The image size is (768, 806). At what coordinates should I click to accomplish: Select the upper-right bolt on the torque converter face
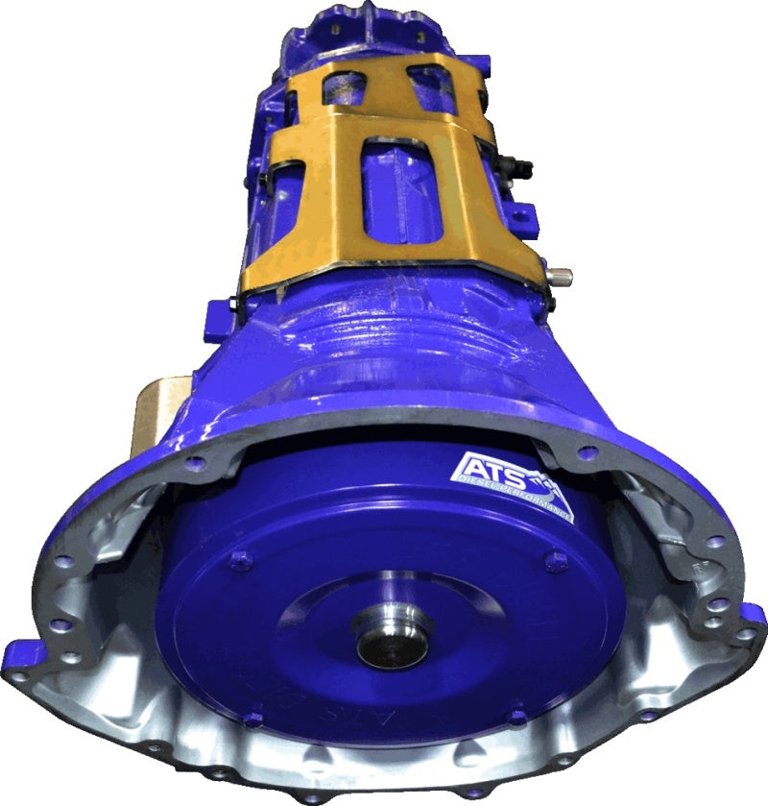point(554,563)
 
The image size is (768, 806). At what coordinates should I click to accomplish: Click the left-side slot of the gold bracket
point(293,211)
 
